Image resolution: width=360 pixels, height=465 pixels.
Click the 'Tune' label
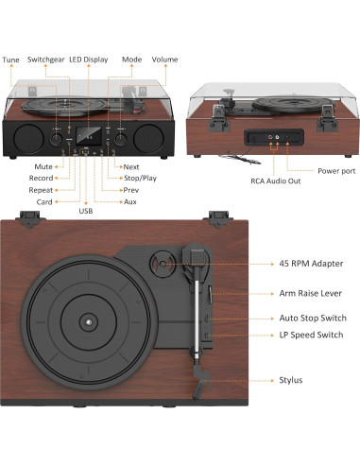pos(10,60)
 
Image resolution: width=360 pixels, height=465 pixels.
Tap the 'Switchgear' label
pos(46,60)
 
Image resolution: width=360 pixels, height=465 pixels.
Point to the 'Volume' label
pos(164,60)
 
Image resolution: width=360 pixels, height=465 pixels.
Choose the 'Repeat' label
pos(41,189)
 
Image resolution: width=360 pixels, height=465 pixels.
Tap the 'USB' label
pos(86,211)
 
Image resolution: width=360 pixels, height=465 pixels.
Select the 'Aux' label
pos(130,200)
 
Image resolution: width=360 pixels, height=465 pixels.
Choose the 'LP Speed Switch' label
pos(311,336)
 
